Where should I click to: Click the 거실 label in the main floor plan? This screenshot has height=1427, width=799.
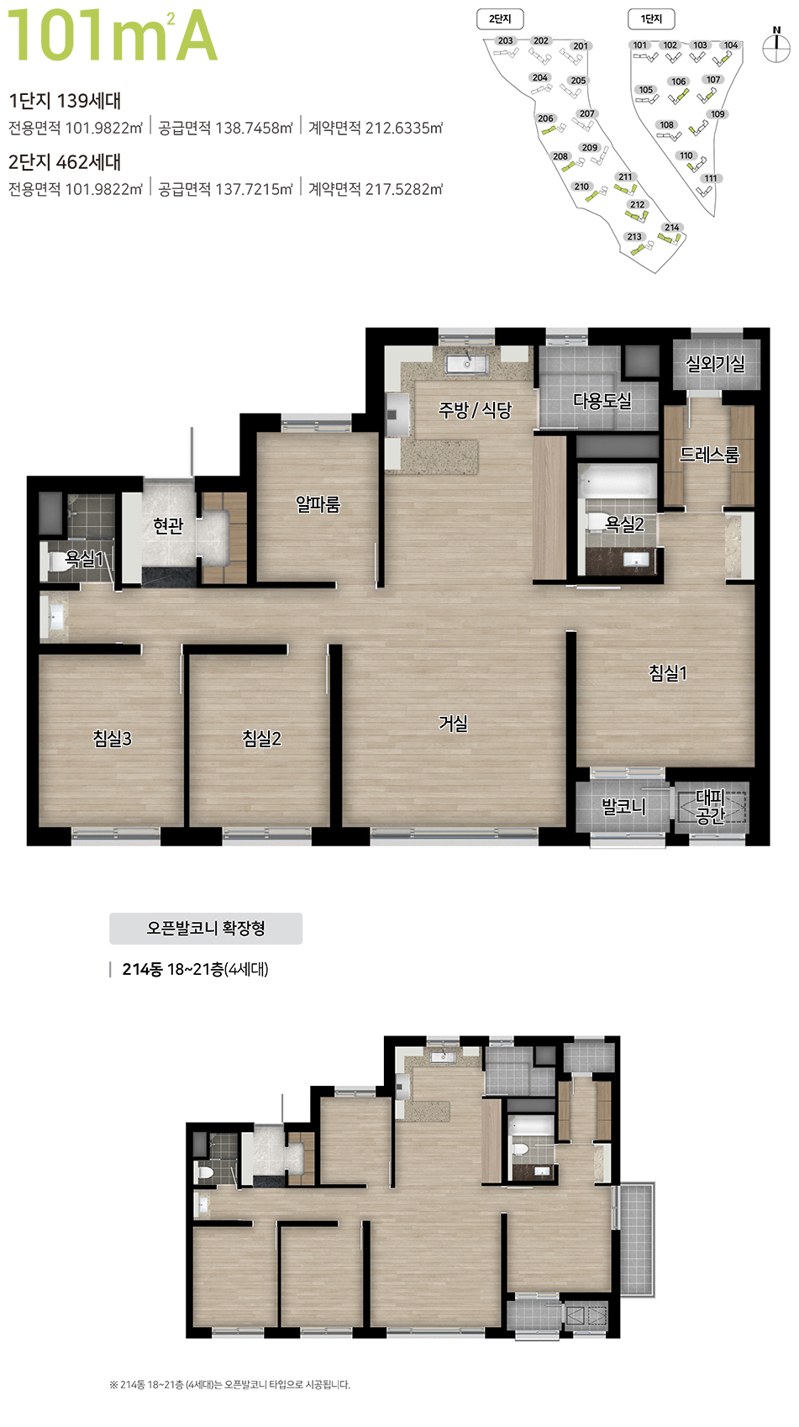454,724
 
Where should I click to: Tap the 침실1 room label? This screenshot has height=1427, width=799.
668,672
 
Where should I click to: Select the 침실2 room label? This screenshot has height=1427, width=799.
261,739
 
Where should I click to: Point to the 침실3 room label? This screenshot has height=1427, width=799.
112,739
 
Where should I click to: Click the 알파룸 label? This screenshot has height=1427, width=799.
318,504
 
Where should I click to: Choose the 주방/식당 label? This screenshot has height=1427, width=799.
475,409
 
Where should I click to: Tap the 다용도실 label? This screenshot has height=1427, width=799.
602,401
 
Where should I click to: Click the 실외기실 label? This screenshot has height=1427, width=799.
715,364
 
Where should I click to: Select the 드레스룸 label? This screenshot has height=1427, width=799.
709,455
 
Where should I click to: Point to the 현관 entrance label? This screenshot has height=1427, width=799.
168,525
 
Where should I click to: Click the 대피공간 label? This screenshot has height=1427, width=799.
711,807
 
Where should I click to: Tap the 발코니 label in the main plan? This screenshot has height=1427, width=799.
624,807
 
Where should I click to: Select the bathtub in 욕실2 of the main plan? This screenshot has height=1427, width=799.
617,482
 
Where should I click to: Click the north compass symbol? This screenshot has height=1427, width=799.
776,45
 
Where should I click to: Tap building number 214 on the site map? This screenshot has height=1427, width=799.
671,228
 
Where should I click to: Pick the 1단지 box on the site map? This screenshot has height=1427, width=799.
651,19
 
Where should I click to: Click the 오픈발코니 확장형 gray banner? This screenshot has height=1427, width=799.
206,928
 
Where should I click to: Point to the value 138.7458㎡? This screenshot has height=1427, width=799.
254,128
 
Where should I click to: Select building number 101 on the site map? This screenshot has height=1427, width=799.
640,45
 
